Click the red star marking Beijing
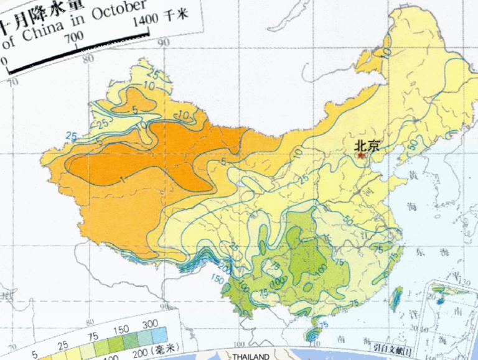(x=361, y=156)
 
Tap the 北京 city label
(x=366, y=145)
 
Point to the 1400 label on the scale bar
(x=146, y=22)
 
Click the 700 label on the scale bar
(x=74, y=37)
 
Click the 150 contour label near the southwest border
(x=217, y=277)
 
